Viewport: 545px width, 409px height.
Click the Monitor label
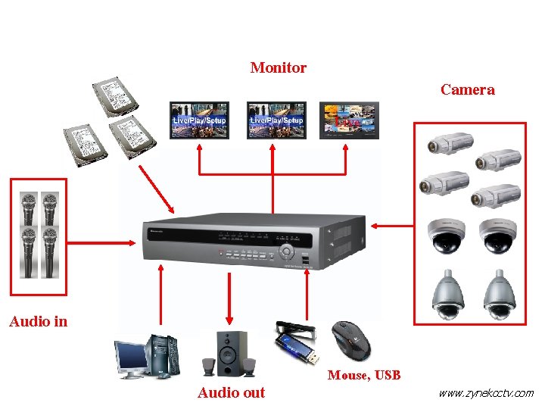point(278,68)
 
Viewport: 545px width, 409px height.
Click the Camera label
point(467,90)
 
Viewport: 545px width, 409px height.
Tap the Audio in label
point(38,322)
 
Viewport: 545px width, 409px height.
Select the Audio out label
point(231,392)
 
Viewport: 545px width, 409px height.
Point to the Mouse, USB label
point(363,375)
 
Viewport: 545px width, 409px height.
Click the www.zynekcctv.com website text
point(486,393)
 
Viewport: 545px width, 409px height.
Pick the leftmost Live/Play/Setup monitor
point(199,120)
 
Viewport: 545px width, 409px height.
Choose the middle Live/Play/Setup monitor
point(276,120)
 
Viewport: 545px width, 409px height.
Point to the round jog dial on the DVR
point(286,251)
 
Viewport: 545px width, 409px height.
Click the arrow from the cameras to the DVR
point(394,224)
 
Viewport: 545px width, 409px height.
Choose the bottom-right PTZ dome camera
point(500,295)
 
